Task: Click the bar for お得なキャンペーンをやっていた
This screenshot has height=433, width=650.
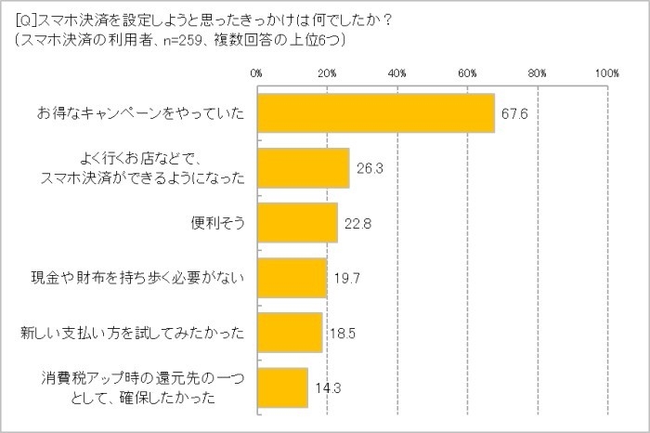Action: tap(375, 113)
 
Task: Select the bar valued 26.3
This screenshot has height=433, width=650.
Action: tap(303, 168)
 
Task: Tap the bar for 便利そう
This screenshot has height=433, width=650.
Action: tap(296, 223)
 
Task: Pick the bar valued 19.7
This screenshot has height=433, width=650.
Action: tap(292, 278)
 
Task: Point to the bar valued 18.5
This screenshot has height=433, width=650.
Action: tap(289, 332)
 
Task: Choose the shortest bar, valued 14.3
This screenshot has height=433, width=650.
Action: tap(281, 387)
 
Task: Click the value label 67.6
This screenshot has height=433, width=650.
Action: tap(514, 114)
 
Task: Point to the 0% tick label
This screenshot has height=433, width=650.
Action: tap(256, 72)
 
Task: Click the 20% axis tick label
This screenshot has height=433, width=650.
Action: tap(326, 72)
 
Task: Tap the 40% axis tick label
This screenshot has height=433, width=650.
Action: tap(396, 72)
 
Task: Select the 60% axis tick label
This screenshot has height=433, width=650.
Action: tap(467, 72)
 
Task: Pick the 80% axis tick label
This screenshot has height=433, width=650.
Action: tap(538, 72)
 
